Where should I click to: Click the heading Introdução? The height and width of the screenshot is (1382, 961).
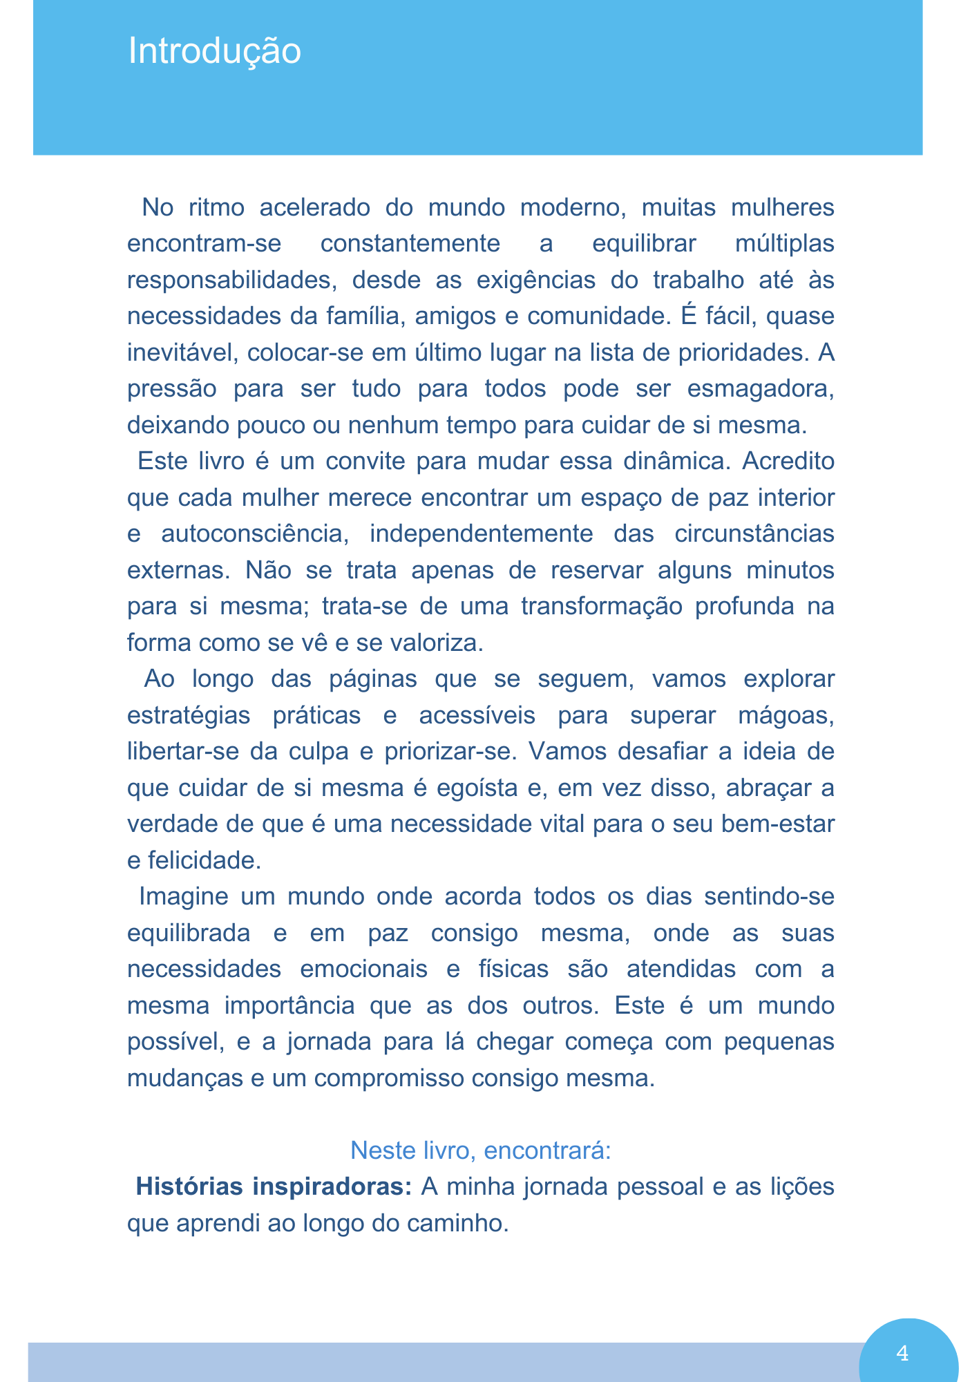point(214,52)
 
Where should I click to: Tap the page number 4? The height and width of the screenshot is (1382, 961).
point(902,1353)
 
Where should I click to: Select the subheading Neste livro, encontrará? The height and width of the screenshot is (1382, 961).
point(480,1151)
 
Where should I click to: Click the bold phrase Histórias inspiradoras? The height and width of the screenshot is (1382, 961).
point(274,1186)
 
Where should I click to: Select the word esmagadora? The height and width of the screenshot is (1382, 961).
point(760,388)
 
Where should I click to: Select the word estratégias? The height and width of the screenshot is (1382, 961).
point(189,715)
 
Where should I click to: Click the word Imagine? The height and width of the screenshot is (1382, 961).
point(184,896)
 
